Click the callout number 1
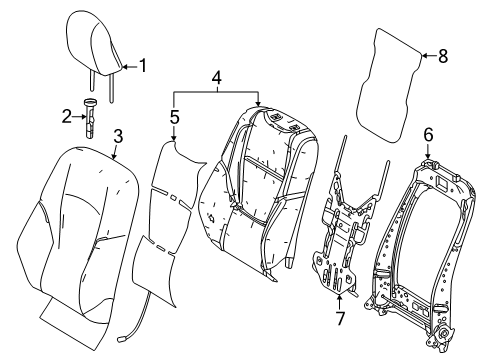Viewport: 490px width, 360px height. point(143,65)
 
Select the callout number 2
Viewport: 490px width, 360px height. point(67,117)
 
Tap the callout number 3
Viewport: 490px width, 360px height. point(118,136)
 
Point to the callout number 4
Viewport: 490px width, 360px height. point(216,78)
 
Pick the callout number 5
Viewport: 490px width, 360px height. point(174,117)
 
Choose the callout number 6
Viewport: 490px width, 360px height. point(428,135)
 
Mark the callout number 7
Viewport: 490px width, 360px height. point(340,318)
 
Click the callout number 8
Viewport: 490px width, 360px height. point(443,56)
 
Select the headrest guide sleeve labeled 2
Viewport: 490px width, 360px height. point(89,118)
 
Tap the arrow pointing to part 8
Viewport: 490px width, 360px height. point(429,56)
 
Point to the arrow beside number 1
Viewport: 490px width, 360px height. point(130,67)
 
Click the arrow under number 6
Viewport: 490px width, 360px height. point(428,151)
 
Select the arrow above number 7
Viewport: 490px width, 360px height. point(339,302)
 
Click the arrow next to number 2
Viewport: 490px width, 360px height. point(79,117)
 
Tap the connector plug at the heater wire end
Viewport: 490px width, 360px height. point(120,340)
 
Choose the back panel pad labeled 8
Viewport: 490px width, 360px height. point(389,85)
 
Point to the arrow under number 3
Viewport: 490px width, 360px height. point(115,152)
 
